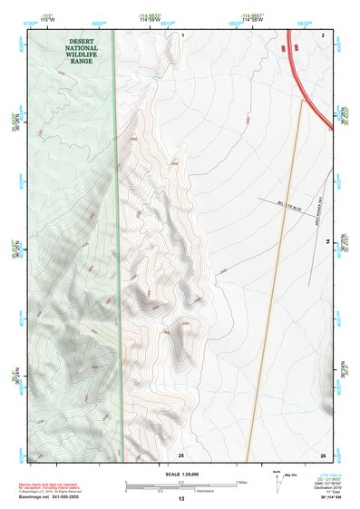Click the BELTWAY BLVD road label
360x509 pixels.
click(x=288, y=208)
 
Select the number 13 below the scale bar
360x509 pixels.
click(x=180, y=499)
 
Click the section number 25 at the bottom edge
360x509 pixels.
click(x=181, y=453)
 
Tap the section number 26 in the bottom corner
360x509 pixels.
click(x=323, y=453)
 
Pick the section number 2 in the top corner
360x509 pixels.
click(x=323, y=34)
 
